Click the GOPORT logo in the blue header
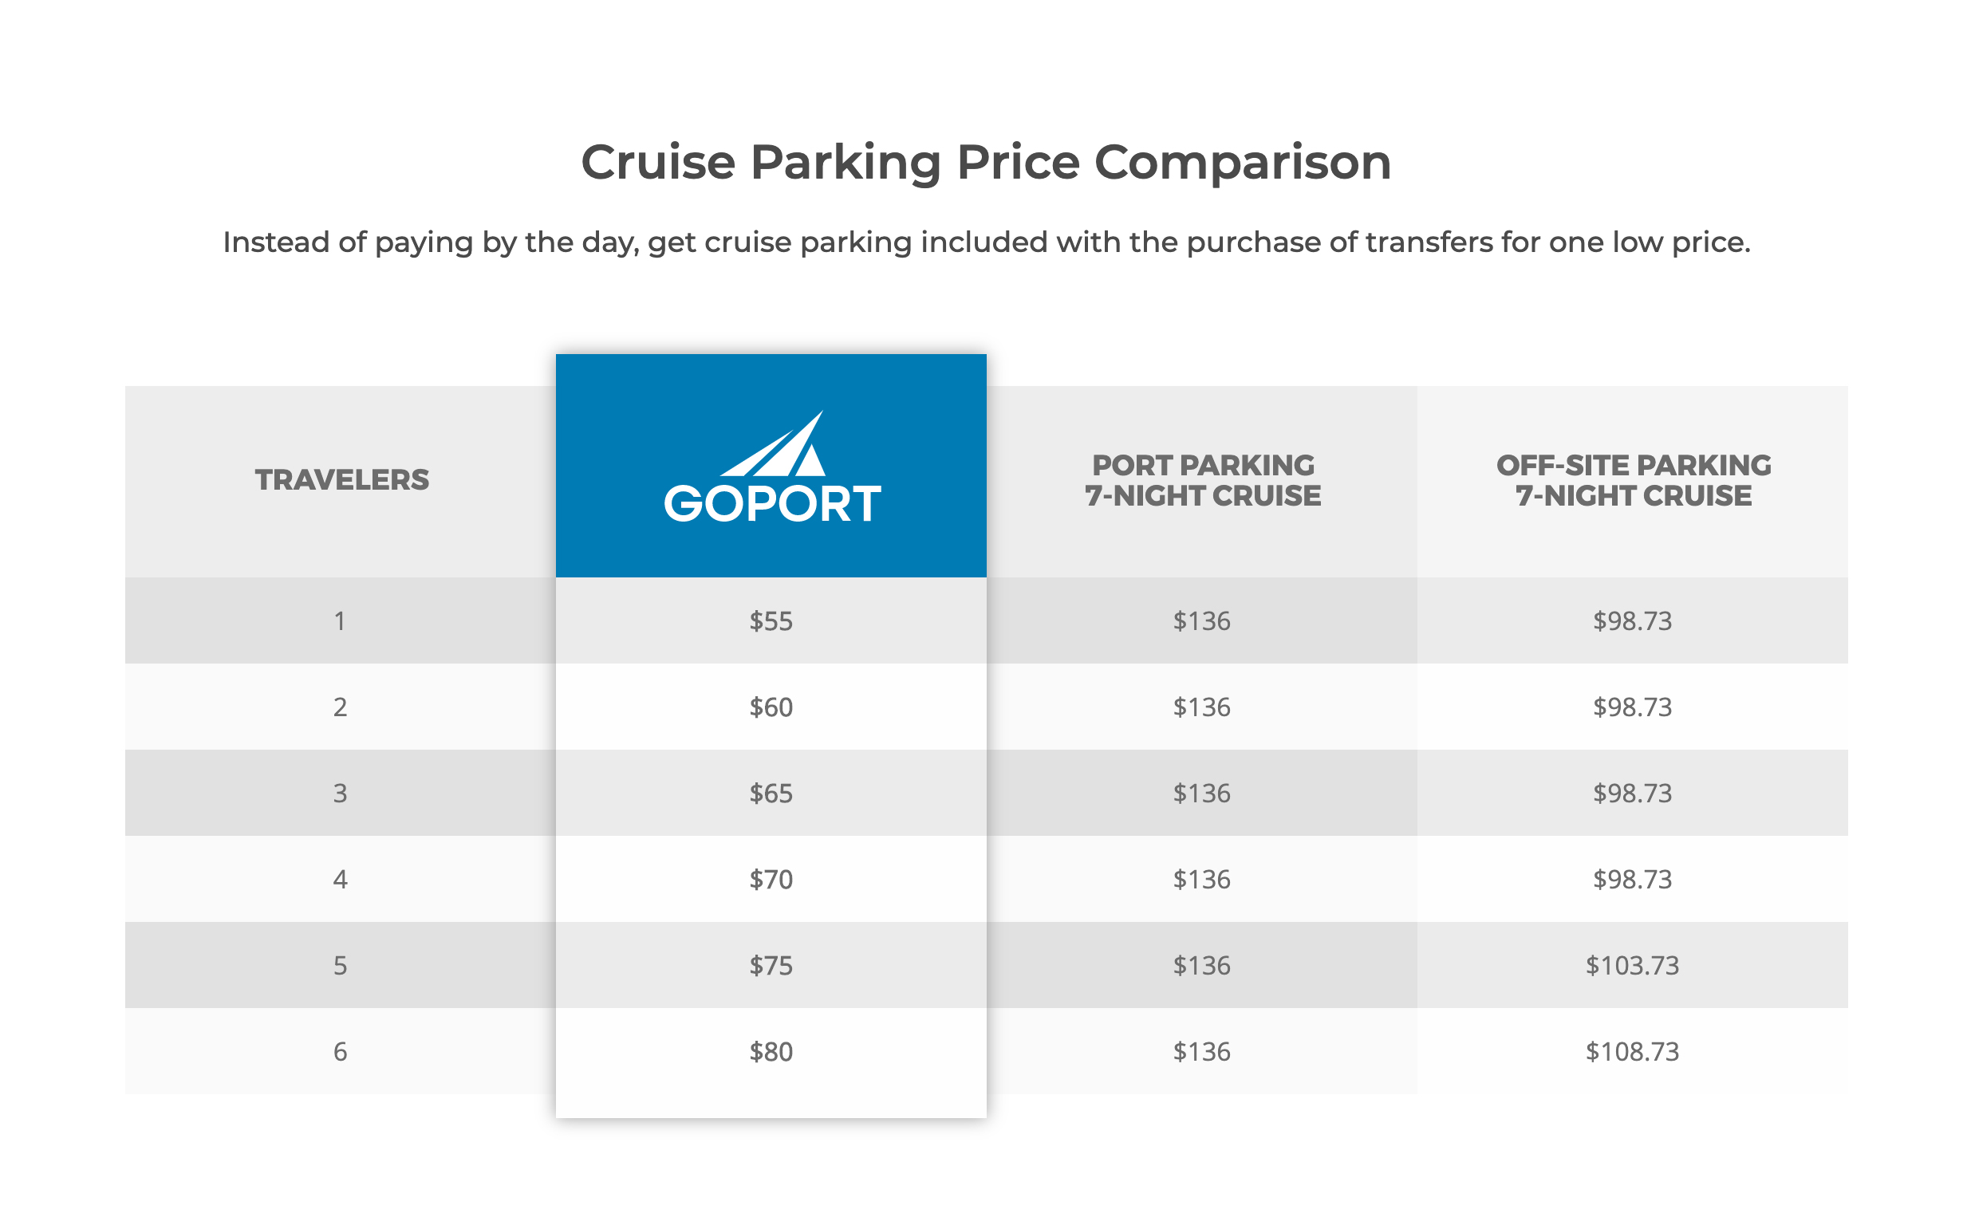(x=771, y=470)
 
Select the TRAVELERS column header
(x=342, y=479)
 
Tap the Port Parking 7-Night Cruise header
(x=1202, y=480)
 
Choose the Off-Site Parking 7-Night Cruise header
(x=1632, y=480)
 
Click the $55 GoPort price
(x=771, y=621)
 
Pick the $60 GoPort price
(x=771, y=707)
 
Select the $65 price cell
(x=771, y=794)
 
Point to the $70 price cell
(x=771, y=879)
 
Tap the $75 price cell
(x=771, y=966)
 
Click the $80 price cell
(x=771, y=1052)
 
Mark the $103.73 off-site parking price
(x=1631, y=966)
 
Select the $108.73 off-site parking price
(x=1631, y=1052)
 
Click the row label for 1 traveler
(x=341, y=621)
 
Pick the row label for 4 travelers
(x=341, y=879)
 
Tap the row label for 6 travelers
(x=341, y=1052)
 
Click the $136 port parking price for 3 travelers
(x=1201, y=794)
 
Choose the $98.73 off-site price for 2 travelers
(x=1631, y=707)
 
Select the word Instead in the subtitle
(x=275, y=242)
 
